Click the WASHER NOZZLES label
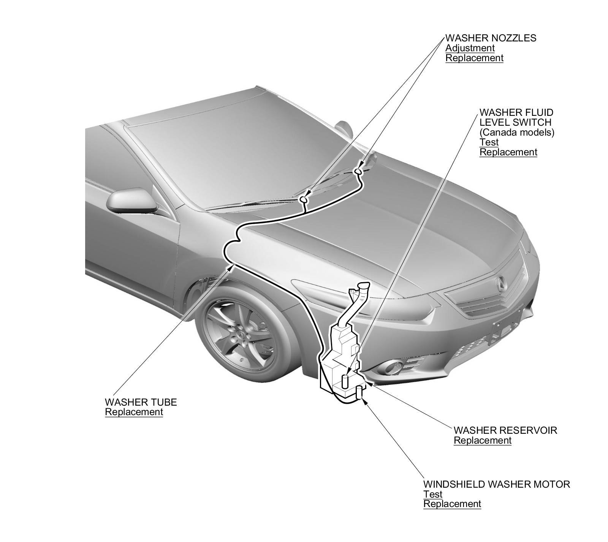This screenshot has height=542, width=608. (x=491, y=38)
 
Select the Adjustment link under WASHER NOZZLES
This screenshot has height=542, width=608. (x=470, y=48)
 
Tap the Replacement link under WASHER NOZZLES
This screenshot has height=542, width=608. (x=474, y=58)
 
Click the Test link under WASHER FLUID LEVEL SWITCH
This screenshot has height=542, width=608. (x=489, y=142)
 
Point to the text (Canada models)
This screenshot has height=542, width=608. (x=517, y=133)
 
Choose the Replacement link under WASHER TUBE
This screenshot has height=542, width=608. (x=134, y=412)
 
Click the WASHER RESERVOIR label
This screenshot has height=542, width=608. (x=505, y=430)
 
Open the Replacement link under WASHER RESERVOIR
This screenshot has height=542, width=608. (x=483, y=441)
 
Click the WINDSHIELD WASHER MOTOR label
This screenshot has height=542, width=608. (x=497, y=484)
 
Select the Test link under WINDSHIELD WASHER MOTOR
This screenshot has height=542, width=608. (x=433, y=495)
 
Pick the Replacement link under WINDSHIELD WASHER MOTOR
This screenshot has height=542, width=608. (x=452, y=504)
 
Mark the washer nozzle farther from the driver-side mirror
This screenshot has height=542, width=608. (x=358, y=172)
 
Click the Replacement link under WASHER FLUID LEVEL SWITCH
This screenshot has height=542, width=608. (x=508, y=152)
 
